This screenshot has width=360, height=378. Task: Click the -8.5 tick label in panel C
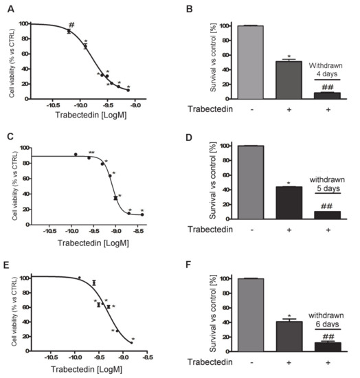coord(142,234)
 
